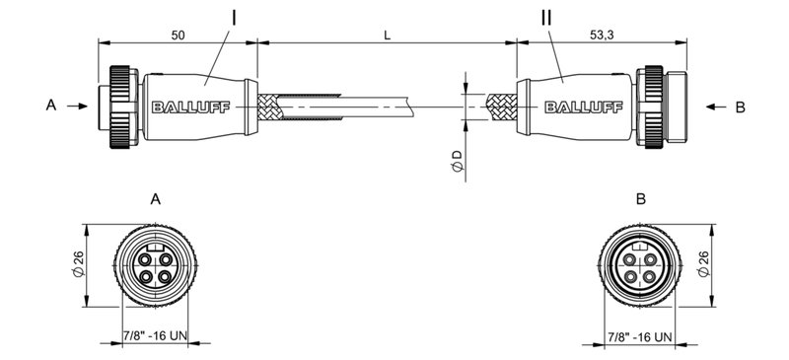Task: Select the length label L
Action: coord(388,35)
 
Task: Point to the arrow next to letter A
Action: coord(79,105)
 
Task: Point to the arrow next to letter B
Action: coord(708,105)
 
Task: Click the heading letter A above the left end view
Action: coord(155,198)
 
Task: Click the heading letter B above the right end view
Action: coord(641,198)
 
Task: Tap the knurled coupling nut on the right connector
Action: coord(650,105)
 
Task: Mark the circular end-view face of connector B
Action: coord(640,267)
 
